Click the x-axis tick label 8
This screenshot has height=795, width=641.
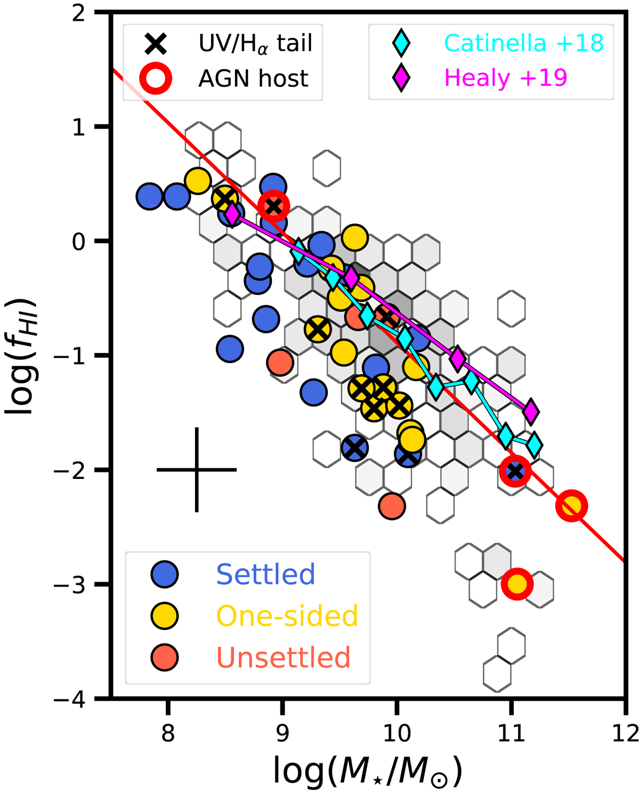click(x=168, y=733)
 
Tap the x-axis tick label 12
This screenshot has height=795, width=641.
click(x=626, y=733)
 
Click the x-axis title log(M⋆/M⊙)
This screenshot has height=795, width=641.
click(x=368, y=770)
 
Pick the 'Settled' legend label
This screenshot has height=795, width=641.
click(x=265, y=574)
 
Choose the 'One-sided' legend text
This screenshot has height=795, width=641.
click(x=287, y=616)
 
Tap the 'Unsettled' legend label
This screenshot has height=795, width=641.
click(x=283, y=657)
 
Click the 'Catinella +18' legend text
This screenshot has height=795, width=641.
click(x=523, y=43)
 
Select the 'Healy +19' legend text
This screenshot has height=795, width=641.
click(x=505, y=78)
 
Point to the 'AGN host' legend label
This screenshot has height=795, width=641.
click(x=253, y=78)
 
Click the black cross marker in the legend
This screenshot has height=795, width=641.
click(x=155, y=43)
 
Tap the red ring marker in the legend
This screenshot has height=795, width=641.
click(x=155, y=78)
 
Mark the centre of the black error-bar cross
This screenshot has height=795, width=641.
click(x=197, y=470)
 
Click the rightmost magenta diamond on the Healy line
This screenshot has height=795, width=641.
click(x=530, y=411)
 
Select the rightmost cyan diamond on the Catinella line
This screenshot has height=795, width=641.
click(x=534, y=444)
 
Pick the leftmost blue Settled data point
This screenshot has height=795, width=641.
click(x=150, y=196)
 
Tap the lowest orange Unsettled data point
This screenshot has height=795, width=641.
click(x=392, y=506)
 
